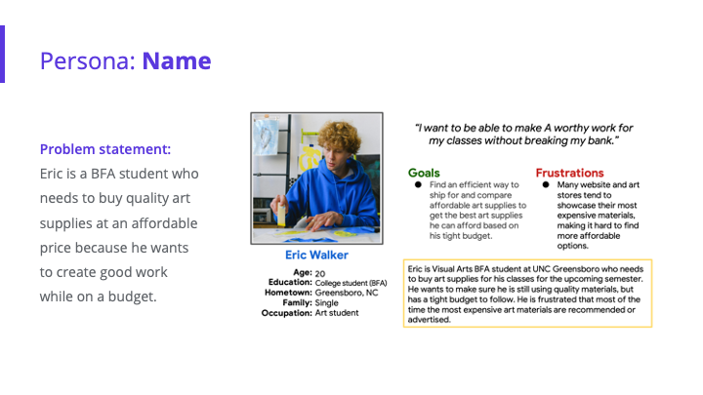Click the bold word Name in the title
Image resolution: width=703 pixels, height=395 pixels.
click(177, 60)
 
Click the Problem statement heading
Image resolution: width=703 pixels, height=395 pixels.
click(105, 149)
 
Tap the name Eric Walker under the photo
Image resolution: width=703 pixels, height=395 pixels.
click(317, 256)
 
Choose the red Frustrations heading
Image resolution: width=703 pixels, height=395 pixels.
click(569, 173)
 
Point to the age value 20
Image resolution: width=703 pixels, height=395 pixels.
click(321, 273)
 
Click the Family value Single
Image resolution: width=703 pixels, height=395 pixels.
click(327, 302)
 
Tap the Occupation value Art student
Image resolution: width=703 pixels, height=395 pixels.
click(337, 313)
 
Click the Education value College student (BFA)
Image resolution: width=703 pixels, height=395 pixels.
click(351, 283)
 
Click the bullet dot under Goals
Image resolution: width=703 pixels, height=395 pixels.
click(417, 184)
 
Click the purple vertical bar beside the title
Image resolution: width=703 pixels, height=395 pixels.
click(3, 54)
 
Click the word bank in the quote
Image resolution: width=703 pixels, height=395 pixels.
click(599, 142)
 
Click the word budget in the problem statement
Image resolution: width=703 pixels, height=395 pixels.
click(131, 296)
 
